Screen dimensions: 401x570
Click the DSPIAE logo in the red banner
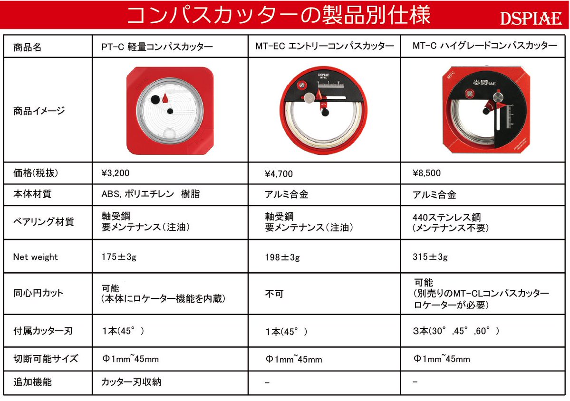pos(531,19)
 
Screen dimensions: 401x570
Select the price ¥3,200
pos(116,172)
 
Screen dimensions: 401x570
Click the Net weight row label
pos(36,257)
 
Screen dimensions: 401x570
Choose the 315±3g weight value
pos(430,257)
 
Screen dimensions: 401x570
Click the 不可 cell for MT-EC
pos(274,294)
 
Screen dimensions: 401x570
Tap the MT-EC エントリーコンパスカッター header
pos(325,47)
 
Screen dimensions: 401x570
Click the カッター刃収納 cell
pos(131,382)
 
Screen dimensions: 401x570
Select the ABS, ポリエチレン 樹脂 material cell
pos(151,195)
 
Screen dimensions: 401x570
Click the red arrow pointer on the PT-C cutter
pos(166,98)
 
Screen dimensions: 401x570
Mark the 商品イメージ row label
pos(39,111)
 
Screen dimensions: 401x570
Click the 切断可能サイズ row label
pos(46,359)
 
